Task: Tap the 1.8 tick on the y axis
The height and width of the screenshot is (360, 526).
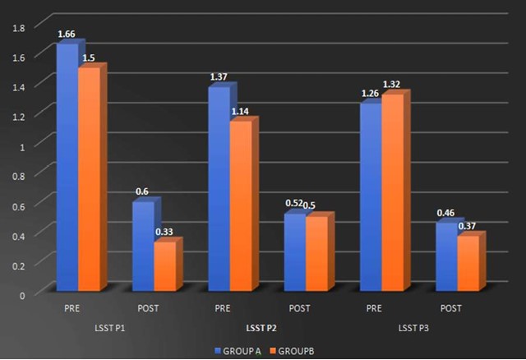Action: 20,27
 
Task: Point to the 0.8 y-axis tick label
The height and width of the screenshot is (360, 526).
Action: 20,175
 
